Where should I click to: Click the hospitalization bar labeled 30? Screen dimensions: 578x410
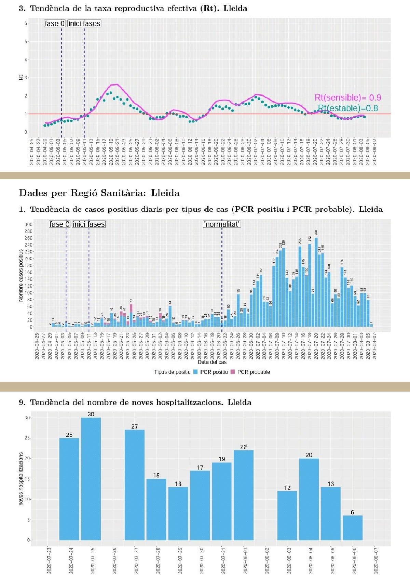91,479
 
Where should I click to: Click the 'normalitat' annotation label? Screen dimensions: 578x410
222,224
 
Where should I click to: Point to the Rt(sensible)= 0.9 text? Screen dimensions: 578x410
348,98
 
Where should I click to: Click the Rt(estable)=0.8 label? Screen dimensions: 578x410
348,108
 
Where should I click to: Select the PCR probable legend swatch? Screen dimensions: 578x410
233,372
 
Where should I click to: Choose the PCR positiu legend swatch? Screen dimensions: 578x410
195,372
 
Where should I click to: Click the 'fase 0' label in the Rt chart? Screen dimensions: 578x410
55,24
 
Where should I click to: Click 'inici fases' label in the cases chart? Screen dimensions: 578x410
89,224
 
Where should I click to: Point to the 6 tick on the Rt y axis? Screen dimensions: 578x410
26,23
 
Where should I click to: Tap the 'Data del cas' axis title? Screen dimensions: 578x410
212,362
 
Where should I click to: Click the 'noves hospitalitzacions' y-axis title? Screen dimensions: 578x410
21,479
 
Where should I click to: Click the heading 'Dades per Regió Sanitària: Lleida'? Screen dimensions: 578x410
99,193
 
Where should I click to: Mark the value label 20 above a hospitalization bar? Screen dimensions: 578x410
309,455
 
